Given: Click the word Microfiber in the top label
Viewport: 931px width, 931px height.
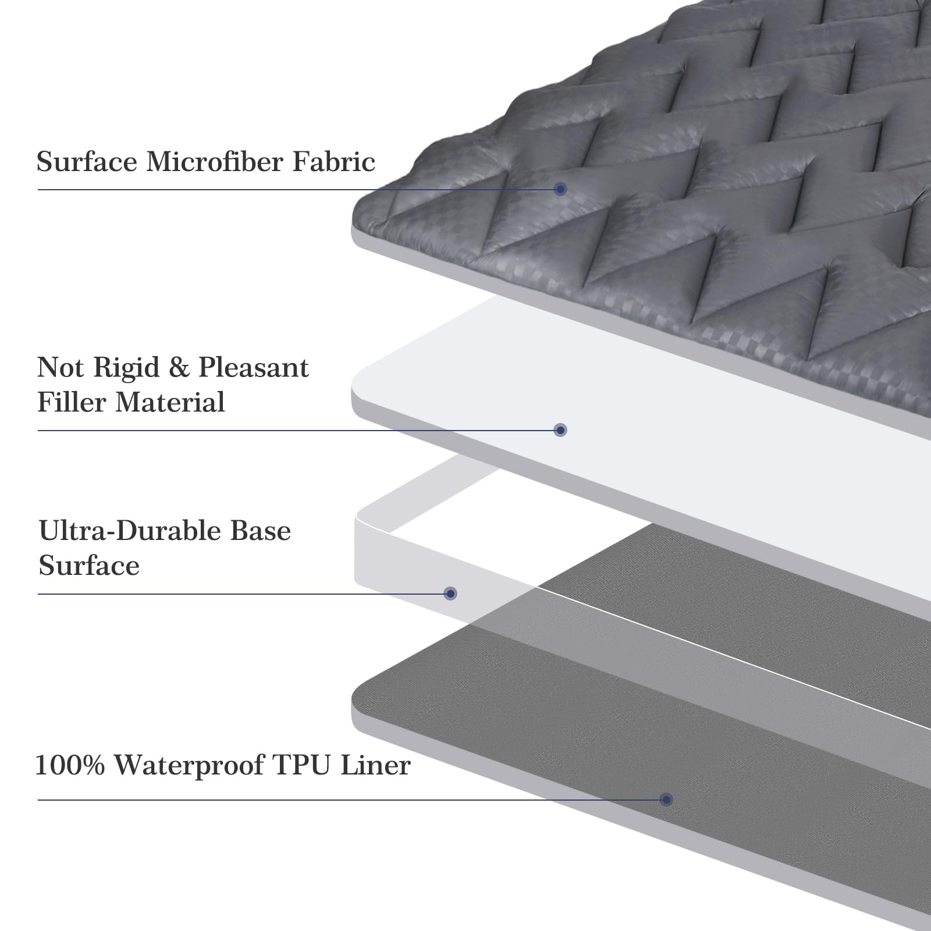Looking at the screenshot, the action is [x=216, y=161].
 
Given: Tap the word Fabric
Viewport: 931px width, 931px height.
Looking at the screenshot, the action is [x=333, y=161].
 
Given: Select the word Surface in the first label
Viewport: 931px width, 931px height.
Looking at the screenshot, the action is [x=88, y=161].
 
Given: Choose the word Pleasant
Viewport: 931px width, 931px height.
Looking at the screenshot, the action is [x=254, y=368].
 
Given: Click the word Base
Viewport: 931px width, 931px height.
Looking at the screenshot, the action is [x=260, y=531].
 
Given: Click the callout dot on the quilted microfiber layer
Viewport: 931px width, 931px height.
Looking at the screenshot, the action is [x=560, y=189].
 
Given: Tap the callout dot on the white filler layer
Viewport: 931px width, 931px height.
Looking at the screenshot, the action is [x=560, y=430].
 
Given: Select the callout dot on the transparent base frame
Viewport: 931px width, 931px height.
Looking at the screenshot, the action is [x=450, y=594].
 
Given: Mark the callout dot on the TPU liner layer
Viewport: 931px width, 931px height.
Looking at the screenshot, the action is [x=667, y=799].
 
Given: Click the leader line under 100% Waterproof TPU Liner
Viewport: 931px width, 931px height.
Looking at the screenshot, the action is [x=349, y=799].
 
